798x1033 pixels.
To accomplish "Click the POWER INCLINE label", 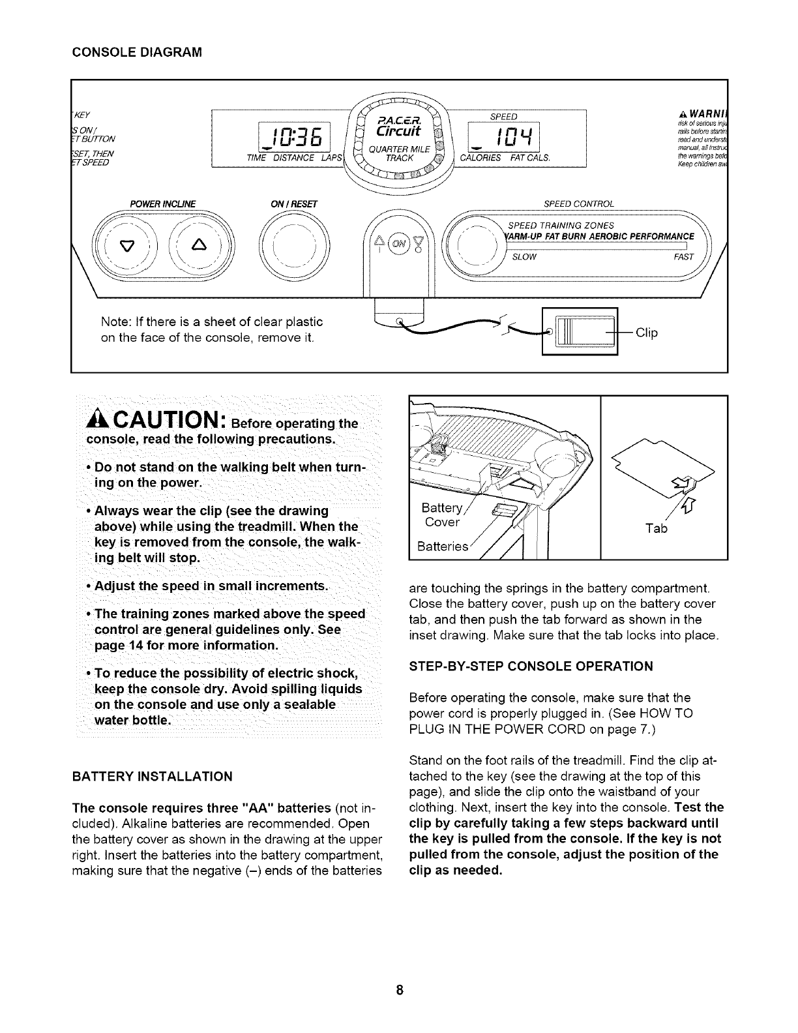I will [163, 203].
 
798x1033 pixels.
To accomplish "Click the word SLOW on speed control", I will [524, 256].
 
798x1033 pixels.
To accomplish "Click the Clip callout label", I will [647, 333].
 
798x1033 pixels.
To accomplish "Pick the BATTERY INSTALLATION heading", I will [153, 776].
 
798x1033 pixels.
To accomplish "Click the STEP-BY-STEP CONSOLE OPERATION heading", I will [531, 666].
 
